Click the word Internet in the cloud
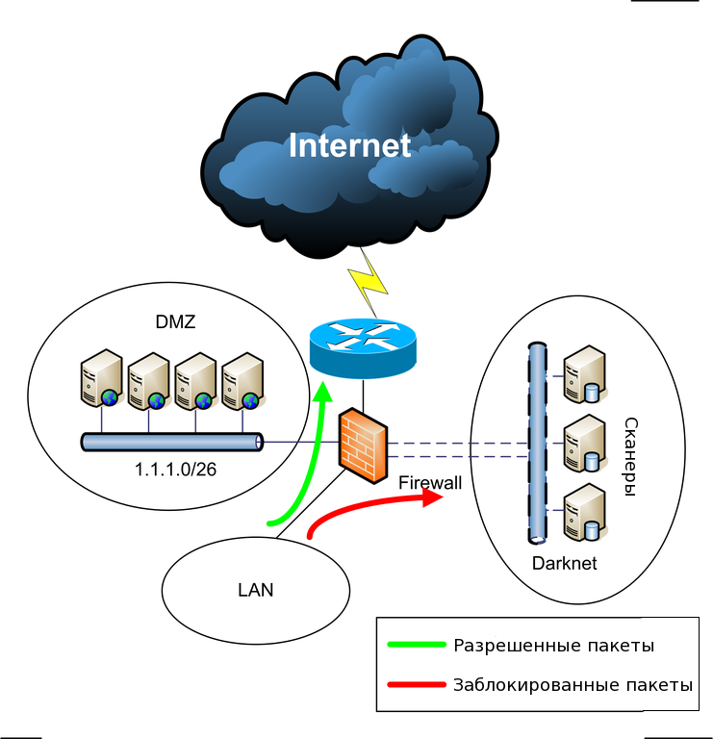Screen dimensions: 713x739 349,145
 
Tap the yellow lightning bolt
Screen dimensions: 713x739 369,282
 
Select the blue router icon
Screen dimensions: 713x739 363,347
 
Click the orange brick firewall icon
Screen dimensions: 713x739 363,446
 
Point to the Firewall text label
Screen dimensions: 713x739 430,483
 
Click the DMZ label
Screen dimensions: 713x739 175,322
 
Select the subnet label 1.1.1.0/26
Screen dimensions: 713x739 175,470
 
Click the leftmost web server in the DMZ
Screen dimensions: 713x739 102,378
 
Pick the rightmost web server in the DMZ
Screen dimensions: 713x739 243,381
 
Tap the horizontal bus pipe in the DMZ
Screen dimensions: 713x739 172,442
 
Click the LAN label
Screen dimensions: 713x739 255,590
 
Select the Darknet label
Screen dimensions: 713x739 564,563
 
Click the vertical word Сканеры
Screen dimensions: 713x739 630,457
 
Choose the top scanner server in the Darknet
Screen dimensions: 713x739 585,374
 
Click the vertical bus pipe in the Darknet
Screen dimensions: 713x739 537,443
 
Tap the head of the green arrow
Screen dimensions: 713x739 323,393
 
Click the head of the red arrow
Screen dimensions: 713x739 432,497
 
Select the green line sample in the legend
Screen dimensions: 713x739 417,645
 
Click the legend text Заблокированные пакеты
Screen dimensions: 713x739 573,685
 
